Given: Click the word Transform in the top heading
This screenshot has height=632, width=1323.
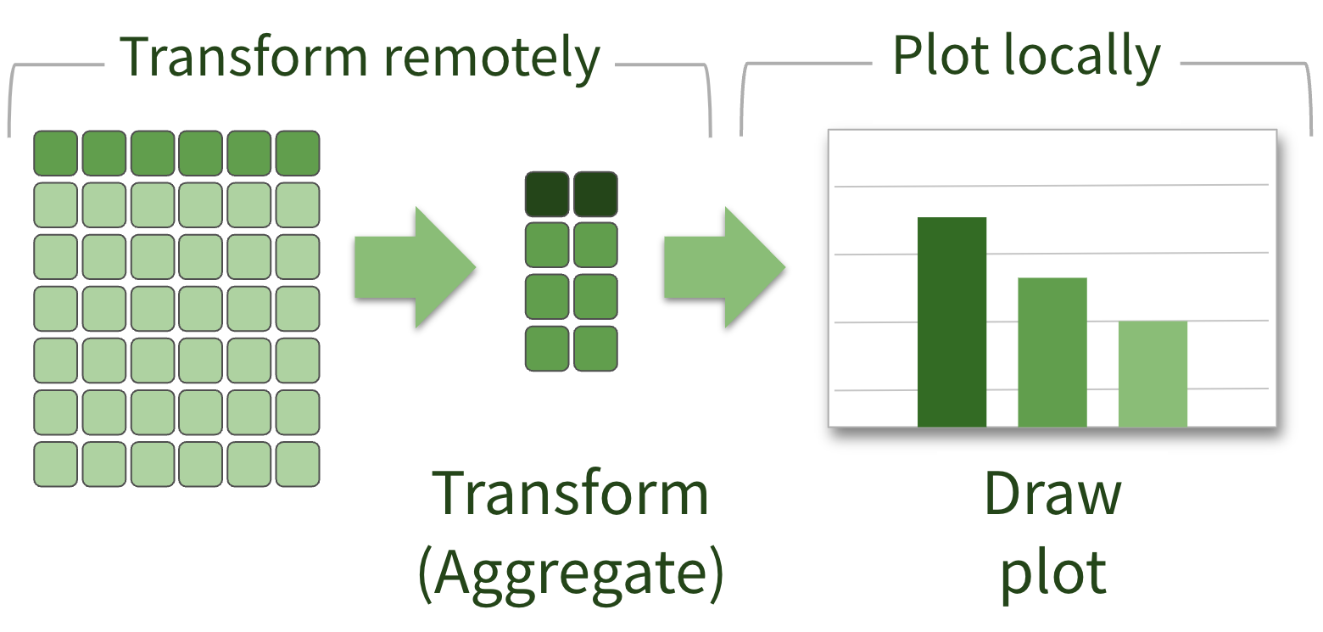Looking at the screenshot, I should (x=243, y=58).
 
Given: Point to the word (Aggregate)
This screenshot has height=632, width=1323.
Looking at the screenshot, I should (x=571, y=574).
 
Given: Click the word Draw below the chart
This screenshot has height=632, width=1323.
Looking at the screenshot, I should (x=1052, y=495).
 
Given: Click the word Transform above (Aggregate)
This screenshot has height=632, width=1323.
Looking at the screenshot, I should (x=570, y=495).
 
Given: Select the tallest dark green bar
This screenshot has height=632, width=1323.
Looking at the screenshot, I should (x=952, y=322).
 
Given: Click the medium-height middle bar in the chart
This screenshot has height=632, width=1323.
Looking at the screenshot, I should (x=1052, y=352).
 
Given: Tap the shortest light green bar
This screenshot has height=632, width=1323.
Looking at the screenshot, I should (x=1153, y=374).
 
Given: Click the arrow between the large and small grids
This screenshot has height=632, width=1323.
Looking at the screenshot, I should (x=414, y=268).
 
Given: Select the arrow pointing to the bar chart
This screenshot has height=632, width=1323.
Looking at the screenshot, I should (x=723, y=268).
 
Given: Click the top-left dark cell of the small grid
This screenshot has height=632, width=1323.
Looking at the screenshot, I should (x=547, y=194).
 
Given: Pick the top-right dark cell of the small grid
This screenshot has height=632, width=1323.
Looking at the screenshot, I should (x=595, y=194).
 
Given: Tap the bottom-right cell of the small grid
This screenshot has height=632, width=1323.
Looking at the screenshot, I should (x=595, y=349).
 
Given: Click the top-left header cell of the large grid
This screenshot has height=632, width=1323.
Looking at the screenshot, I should (x=55, y=153).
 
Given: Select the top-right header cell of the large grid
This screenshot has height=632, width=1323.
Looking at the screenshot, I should (x=298, y=153).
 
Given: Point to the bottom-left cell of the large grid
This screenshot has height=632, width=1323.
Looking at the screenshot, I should (x=55, y=464).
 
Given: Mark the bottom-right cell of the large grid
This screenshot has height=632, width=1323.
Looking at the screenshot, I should (x=298, y=464).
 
